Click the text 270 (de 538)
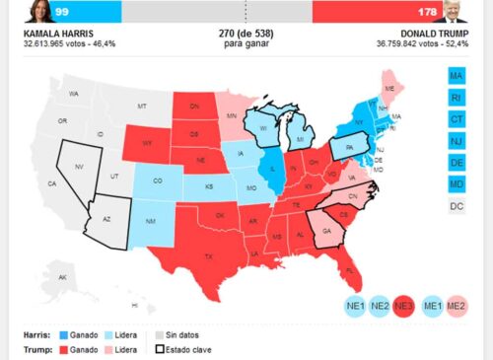coord(246,34)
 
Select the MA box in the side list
coord(457,76)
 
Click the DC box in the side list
coord(457,206)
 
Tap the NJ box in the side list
coord(457,141)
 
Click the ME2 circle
coord(457,307)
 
